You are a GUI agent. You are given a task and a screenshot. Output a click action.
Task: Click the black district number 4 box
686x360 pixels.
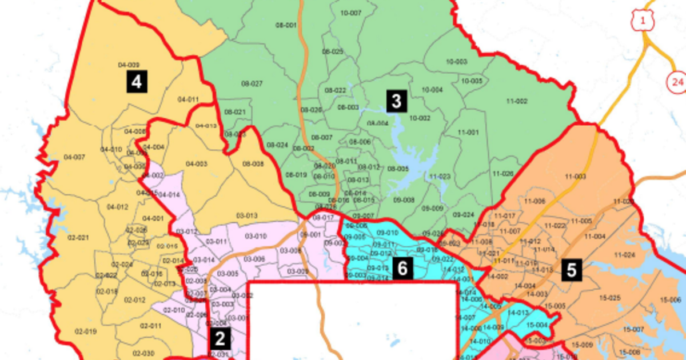(x=137, y=83)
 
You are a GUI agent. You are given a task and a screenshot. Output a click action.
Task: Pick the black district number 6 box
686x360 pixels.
(x=402, y=269)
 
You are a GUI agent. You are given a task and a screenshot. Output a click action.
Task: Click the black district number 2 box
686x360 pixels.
(x=220, y=339)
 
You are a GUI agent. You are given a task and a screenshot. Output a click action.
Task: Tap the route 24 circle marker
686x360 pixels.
(x=677, y=82)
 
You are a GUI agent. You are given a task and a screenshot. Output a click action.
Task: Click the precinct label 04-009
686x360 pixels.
(x=129, y=65)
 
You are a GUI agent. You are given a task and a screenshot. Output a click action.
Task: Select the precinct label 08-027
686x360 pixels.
(x=252, y=83)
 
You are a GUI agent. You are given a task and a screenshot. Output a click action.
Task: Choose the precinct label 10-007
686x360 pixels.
(x=350, y=13)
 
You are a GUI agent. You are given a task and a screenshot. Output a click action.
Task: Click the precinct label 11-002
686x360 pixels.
(x=516, y=101)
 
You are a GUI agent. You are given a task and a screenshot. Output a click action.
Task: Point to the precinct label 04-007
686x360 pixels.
(x=74, y=157)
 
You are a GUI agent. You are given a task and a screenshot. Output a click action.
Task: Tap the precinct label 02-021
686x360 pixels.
(x=78, y=237)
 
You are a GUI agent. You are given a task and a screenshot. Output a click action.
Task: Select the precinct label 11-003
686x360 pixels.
(x=575, y=177)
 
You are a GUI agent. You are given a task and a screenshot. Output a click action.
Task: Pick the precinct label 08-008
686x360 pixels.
(x=253, y=164)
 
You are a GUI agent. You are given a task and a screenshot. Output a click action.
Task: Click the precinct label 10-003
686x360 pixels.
(x=456, y=62)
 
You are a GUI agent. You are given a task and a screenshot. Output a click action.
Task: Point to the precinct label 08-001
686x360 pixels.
(x=286, y=26)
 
